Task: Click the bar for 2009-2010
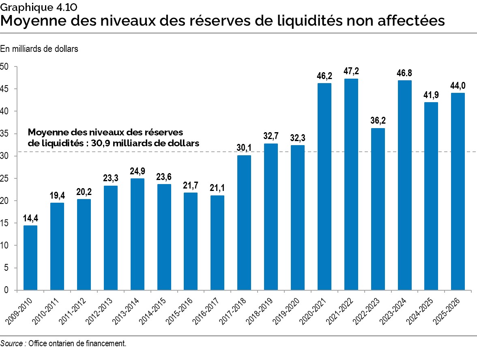[x=30, y=258]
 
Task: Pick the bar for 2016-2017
[x=217, y=243]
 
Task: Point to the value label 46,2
[x=324, y=75]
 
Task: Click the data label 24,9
[x=138, y=171]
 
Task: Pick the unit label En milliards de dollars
[x=39, y=49]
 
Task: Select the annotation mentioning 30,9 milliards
[x=113, y=138]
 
